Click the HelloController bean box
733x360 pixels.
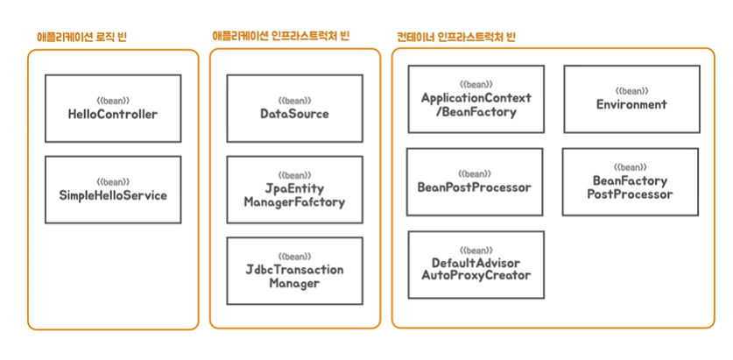[113, 109]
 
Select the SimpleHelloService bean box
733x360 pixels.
[113, 189]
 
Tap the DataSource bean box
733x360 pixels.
[294, 109]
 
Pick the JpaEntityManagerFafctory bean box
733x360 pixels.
[294, 189]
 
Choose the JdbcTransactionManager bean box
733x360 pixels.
[294, 271]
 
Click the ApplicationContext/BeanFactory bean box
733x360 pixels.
[476, 99]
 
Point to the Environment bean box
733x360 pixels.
[631, 99]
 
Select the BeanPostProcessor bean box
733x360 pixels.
[475, 182]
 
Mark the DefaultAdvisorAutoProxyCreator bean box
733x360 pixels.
[476, 265]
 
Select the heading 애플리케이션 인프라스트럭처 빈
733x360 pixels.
[280, 36]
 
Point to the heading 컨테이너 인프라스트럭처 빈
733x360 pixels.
[455, 37]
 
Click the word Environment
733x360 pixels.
[631, 105]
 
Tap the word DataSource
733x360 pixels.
[294, 115]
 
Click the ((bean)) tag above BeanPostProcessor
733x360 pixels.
[476, 174]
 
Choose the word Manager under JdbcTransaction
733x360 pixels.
[294, 284]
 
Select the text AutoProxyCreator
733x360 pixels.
[476, 276]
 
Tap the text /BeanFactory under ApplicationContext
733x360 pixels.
[476, 112]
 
